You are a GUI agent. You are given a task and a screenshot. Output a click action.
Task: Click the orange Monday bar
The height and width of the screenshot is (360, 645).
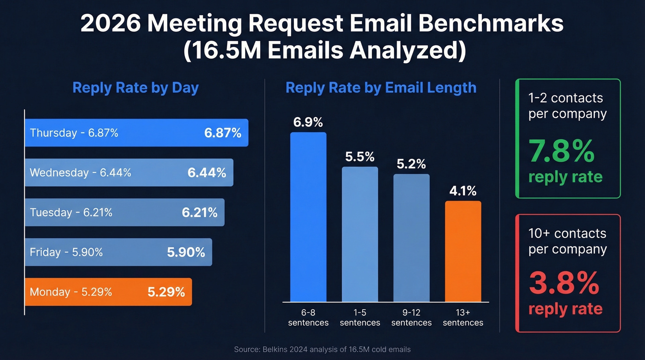[108, 292]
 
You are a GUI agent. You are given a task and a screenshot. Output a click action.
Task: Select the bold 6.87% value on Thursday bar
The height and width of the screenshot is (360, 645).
[223, 133]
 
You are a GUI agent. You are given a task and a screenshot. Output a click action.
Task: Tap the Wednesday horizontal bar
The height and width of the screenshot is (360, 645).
[129, 173]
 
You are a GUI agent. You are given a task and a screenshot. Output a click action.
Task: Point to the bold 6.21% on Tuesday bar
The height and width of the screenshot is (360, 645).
[199, 212]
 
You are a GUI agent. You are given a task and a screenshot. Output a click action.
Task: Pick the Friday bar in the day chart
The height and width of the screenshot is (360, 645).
[118, 252]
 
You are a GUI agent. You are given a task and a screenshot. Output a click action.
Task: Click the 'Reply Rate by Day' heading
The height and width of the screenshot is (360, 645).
[135, 88]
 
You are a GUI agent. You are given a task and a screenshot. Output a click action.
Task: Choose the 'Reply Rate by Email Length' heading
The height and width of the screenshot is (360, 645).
[381, 88]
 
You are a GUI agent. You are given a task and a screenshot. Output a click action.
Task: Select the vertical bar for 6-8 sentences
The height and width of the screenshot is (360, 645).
[308, 217]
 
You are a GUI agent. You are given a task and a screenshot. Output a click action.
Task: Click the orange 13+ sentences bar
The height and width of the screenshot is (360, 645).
[463, 251]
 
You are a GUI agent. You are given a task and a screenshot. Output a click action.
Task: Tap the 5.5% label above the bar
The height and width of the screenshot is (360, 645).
[360, 157]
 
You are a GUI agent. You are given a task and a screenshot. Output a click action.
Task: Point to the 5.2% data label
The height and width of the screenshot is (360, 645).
[411, 164]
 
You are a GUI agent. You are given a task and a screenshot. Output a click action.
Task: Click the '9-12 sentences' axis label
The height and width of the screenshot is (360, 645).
[411, 317]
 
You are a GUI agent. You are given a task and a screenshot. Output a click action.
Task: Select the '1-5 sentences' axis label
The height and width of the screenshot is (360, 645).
[360, 317]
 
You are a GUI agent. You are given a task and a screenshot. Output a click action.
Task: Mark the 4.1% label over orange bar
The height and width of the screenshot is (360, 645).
[463, 191]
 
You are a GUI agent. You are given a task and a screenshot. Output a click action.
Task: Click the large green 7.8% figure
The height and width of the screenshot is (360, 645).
[561, 151]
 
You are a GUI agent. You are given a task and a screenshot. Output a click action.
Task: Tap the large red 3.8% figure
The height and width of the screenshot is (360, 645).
[563, 283]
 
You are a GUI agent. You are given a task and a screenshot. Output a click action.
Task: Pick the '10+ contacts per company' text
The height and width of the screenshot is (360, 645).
[568, 241]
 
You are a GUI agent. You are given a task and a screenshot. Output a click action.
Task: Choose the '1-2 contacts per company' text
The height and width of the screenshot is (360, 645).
[568, 106]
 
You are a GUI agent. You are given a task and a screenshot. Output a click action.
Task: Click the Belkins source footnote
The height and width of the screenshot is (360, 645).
[322, 349]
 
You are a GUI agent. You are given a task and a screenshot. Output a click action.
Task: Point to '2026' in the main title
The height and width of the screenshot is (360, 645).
[111, 24]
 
